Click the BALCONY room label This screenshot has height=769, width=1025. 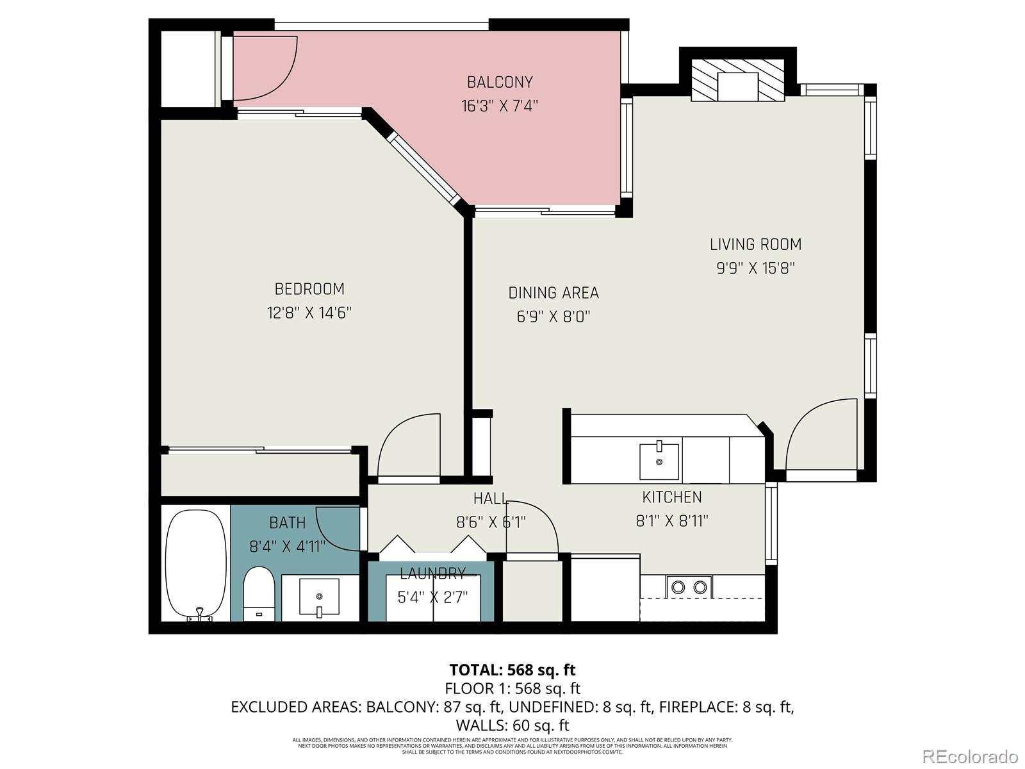click(500, 82)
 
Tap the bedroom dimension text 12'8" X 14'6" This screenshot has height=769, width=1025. click(309, 313)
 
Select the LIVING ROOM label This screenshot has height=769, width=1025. click(755, 244)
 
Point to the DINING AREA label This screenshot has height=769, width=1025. click(553, 293)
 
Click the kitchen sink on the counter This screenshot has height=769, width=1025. click(659, 461)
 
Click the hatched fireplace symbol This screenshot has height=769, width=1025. click(737, 80)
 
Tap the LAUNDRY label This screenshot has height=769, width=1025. click(432, 573)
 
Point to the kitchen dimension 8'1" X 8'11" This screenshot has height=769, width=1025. click(672, 521)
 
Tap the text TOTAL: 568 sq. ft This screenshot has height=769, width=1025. click(512, 670)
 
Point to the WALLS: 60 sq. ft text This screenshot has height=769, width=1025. click(512, 725)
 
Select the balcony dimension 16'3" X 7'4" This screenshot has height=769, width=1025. click(500, 106)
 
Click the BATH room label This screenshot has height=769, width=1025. click(287, 523)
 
